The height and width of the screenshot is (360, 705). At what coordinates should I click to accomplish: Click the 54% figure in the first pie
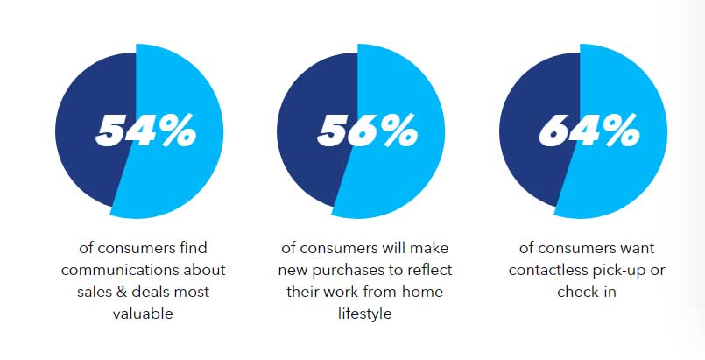pyautogui.click(x=145, y=131)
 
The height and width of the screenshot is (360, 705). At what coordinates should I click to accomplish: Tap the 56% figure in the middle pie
pyautogui.click(x=367, y=131)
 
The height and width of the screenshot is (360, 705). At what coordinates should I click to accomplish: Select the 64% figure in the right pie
pyautogui.click(x=589, y=131)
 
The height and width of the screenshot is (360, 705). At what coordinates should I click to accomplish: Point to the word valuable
pyautogui.click(x=143, y=314)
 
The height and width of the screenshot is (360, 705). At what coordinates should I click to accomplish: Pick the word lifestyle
pyautogui.click(x=364, y=314)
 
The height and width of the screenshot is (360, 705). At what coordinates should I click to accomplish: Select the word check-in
pyautogui.click(x=586, y=292)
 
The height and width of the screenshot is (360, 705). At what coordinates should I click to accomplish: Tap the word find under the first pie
pyautogui.click(x=192, y=248)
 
